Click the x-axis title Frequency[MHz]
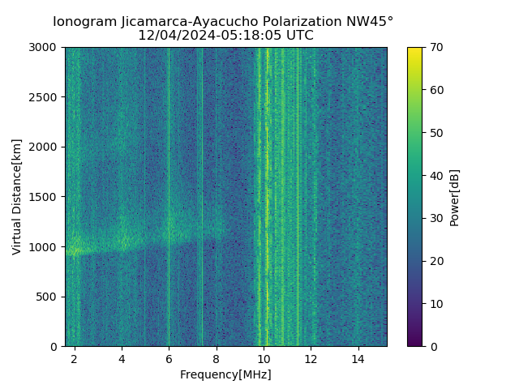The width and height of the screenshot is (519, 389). [225, 374]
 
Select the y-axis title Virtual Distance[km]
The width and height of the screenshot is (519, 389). [17, 196]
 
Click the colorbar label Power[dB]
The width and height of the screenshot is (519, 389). [455, 196]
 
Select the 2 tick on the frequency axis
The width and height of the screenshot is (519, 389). [75, 358]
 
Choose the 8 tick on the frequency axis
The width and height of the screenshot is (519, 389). [217, 358]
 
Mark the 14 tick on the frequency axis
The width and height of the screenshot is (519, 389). [358, 358]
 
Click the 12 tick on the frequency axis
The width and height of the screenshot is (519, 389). [311, 358]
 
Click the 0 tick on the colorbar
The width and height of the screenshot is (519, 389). [432, 346]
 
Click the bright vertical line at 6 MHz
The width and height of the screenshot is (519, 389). [169, 194]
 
